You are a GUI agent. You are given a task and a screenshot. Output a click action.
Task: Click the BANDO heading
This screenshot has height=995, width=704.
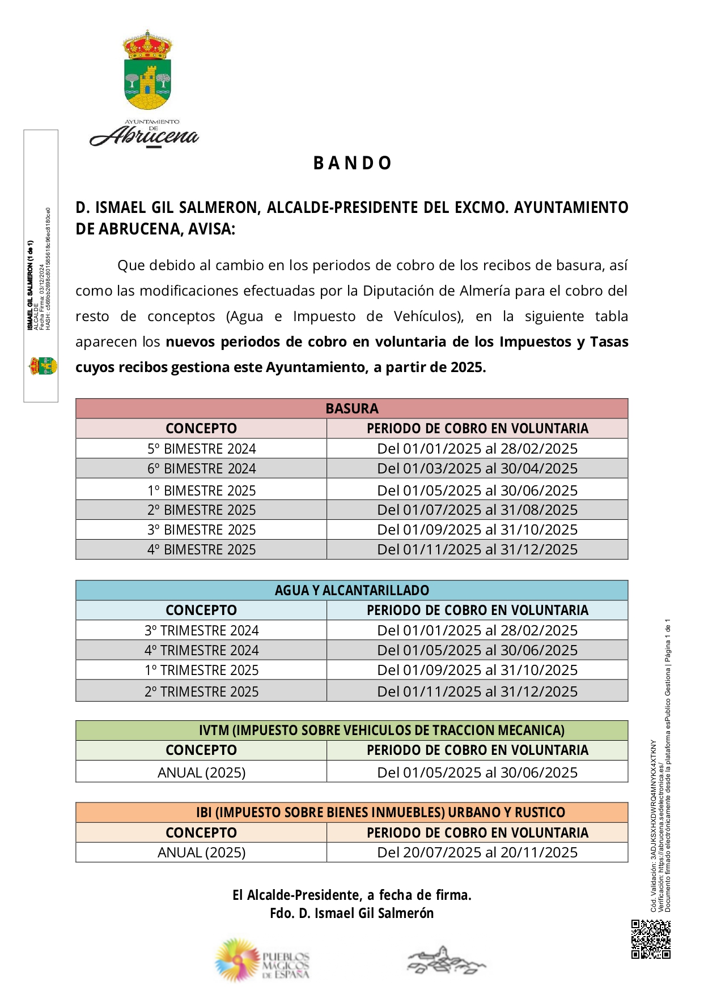tap(352, 163)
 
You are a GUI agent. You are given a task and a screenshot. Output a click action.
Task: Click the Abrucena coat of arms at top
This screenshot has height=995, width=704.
tap(147, 70)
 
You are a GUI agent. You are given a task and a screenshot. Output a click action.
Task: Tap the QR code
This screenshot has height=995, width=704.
tap(651, 939)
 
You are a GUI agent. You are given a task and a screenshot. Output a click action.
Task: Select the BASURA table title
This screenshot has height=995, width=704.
tap(352, 408)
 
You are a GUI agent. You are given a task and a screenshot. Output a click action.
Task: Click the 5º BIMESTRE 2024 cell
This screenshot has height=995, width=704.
tap(201, 449)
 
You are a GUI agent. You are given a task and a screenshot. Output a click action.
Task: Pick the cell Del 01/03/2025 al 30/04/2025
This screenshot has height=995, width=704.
tap(477, 468)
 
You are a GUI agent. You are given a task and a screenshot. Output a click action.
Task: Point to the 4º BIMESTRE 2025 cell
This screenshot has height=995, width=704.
tap(201, 549)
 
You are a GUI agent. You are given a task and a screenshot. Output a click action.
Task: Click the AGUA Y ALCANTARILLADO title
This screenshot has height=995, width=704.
tap(352, 590)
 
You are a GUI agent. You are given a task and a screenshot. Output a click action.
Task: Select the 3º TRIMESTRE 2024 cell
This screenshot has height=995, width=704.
tap(201, 630)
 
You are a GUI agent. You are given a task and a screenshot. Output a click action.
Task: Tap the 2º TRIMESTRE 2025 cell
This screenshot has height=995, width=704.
tap(201, 691)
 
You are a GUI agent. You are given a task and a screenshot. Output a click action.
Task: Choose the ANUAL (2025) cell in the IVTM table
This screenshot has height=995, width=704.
tap(201, 772)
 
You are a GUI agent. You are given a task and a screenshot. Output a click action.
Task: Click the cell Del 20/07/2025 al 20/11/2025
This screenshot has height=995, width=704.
tap(477, 852)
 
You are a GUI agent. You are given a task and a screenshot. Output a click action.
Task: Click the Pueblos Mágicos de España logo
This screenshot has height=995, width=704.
tap(262, 959)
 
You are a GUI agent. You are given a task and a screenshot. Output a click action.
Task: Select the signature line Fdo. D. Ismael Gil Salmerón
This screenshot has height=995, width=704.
tap(352, 913)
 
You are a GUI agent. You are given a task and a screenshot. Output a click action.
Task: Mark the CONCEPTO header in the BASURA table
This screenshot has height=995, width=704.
tap(201, 428)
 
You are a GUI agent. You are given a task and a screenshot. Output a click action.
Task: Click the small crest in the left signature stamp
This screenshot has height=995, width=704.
tap(43, 366)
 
